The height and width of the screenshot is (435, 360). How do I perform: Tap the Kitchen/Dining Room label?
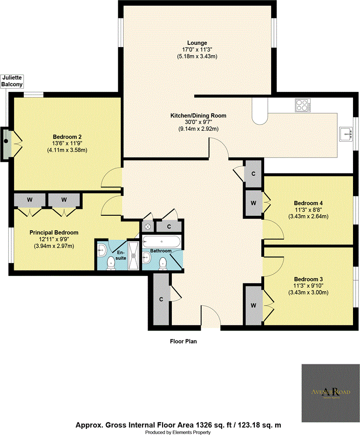pyautogui.click(x=197, y=115)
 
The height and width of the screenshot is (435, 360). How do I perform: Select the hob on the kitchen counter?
pyautogui.click(x=302, y=105)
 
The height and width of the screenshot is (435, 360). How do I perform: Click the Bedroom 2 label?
pyautogui.click(x=67, y=137)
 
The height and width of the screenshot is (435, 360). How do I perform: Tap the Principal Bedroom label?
pyautogui.click(x=54, y=232)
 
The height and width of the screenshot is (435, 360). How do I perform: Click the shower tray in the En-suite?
pyautogui.click(x=134, y=255)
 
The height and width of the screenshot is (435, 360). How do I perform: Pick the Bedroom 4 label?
pyautogui.click(x=308, y=203)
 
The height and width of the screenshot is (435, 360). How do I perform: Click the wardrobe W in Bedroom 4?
pyautogui.click(x=253, y=203)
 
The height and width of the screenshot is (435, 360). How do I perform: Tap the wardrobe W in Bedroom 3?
pyautogui.click(x=253, y=305)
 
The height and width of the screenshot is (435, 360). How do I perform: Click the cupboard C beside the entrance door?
pyautogui.click(x=160, y=299)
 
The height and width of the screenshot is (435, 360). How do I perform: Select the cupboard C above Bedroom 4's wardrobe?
pyautogui.click(x=253, y=173)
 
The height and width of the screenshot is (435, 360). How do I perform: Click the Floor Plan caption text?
pyautogui.click(x=183, y=341)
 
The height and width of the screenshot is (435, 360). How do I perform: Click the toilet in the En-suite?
pyautogui.click(x=111, y=264)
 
